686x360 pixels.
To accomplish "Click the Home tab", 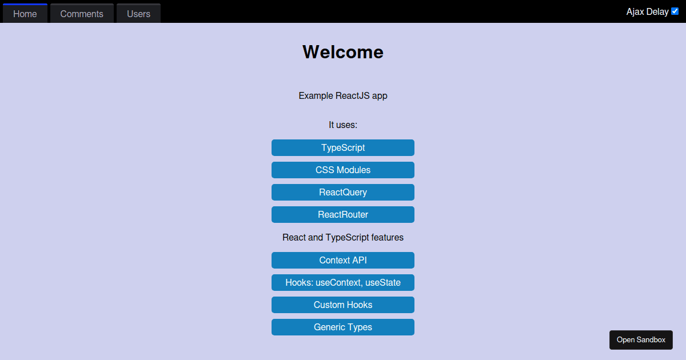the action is (x=25, y=14).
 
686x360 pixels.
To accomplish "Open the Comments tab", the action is (x=82, y=14).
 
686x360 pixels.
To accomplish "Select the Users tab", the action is (x=138, y=14).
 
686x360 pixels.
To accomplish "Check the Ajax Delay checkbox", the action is (x=675, y=11).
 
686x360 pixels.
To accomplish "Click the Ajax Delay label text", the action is (x=647, y=11).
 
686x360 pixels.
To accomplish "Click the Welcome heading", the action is (x=343, y=52).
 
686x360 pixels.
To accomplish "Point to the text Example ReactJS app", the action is (x=343, y=96).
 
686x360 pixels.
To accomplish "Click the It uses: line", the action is (x=343, y=125).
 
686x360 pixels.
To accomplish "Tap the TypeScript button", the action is (x=343, y=148).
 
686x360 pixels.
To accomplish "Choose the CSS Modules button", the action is (x=343, y=170).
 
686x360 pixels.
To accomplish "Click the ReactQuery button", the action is (x=343, y=192).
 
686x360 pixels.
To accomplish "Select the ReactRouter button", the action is (x=343, y=215).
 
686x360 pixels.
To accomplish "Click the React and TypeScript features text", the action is (x=343, y=238).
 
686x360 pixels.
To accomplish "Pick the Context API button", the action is (x=343, y=260).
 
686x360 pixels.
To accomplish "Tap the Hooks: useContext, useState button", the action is (x=343, y=282).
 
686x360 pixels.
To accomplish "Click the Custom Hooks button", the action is (x=343, y=305).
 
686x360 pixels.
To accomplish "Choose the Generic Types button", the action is (x=343, y=327).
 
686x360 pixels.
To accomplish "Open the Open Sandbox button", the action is (x=641, y=340).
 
